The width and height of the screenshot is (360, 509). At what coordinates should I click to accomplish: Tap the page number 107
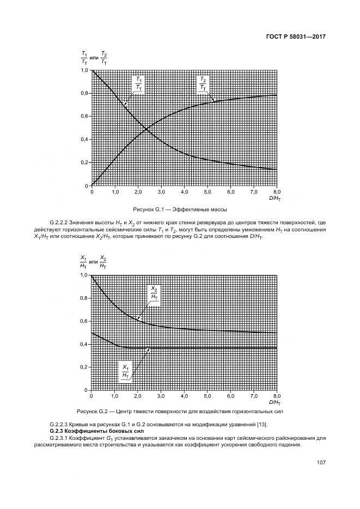(x=320, y=463)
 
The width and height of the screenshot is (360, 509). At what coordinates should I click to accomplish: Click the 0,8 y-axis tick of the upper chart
(x=84, y=94)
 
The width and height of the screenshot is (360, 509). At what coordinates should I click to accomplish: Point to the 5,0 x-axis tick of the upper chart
(x=208, y=192)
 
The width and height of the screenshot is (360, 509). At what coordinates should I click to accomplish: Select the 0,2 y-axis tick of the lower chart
(x=84, y=367)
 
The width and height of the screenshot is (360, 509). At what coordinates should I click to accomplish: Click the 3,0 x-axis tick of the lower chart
(x=161, y=396)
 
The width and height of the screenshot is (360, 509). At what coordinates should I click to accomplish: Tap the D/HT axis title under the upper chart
(x=276, y=198)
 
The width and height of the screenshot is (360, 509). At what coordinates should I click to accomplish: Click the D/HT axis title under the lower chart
(x=276, y=402)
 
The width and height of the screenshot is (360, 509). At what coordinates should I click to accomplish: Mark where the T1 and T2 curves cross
(x=145, y=129)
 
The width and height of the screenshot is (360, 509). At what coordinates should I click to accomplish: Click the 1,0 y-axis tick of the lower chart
(x=84, y=275)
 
